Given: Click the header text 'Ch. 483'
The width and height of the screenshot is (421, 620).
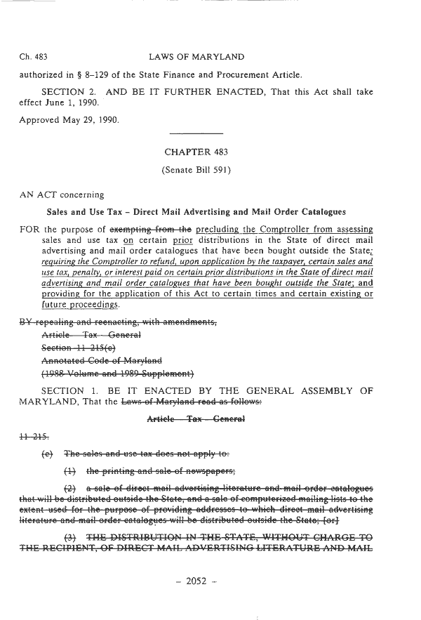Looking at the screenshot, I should point(35,57).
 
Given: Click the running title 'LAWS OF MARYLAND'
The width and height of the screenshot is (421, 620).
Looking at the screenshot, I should point(196,57).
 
